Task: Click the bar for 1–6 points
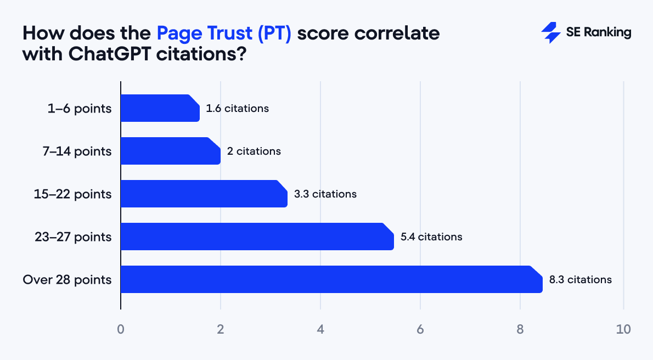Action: coord(160,108)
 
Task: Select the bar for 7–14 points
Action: coord(170,151)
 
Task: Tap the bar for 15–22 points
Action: coord(204,194)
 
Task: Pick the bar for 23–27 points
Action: coord(257,237)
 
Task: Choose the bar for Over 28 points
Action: coord(331,279)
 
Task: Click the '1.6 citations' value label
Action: coord(237,109)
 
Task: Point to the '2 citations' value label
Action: coord(254,151)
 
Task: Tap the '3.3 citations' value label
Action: coord(325,194)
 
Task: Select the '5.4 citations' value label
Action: coord(431,237)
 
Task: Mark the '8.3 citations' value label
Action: coord(580,280)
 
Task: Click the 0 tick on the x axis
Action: coord(121,330)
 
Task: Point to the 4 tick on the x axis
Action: coord(320,330)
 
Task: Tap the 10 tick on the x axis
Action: coord(623,330)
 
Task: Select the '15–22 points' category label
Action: coord(72,194)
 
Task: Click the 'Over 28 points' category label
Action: coord(67,280)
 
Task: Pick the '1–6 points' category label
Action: coord(80,109)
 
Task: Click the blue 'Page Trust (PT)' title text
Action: coord(224,33)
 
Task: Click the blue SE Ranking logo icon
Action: coord(550,33)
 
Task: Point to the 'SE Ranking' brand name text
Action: coord(598,33)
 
